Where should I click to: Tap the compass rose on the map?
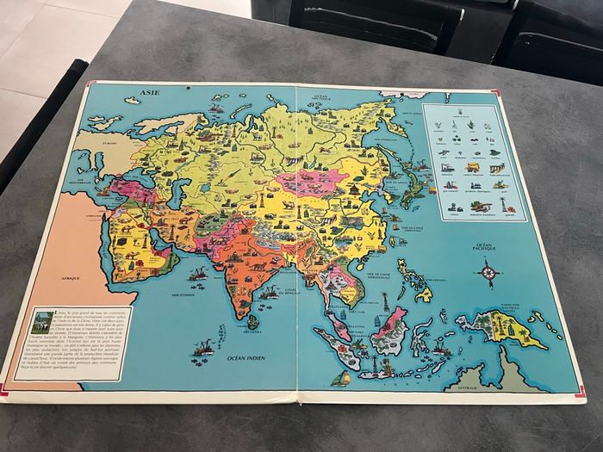pos(489,275)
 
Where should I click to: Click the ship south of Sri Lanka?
pos(203,348)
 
